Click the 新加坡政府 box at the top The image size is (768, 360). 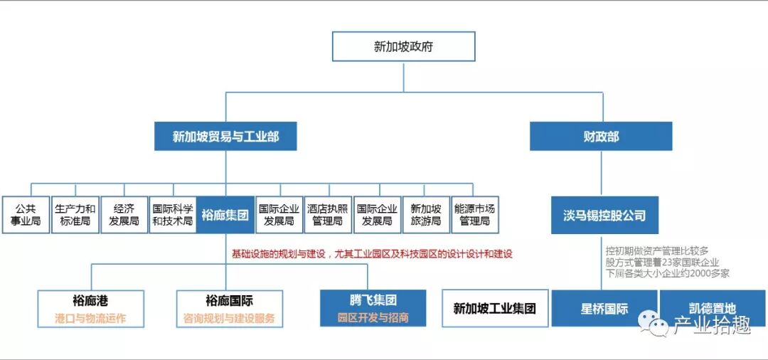pyautogui.click(x=403, y=48)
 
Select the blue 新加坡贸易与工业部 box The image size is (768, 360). pyautogui.click(x=225, y=137)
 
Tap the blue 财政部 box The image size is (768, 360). pyautogui.click(x=601, y=137)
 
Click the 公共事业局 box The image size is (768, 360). pyautogui.click(x=26, y=215)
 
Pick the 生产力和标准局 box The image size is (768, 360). pyautogui.click(x=75, y=215)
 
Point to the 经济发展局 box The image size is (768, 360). pyautogui.click(x=124, y=215)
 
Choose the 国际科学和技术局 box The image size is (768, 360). pyautogui.click(x=172, y=215)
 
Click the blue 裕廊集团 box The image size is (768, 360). pyautogui.click(x=225, y=215)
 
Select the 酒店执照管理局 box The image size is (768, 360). pyautogui.click(x=328, y=215)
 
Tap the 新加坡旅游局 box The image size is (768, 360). pyautogui.click(x=426, y=215)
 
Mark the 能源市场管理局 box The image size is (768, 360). pyautogui.click(x=474, y=215)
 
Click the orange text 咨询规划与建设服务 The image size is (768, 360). pyautogui.click(x=230, y=318)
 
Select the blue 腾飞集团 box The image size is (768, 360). pyautogui.click(x=373, y=307)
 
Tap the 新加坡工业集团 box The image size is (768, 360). pyautogui.click(x=495, y=308)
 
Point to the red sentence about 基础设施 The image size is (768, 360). pyautogui.click(x=372, y=253)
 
